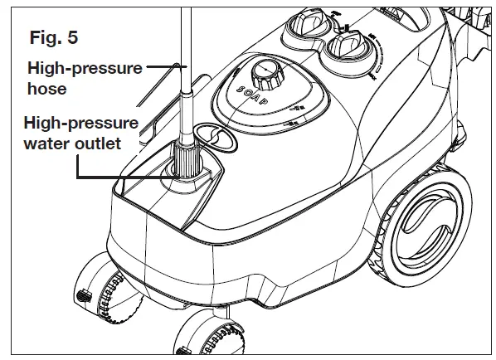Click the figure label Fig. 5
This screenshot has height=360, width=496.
55,38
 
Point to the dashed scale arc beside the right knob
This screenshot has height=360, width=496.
377,62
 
